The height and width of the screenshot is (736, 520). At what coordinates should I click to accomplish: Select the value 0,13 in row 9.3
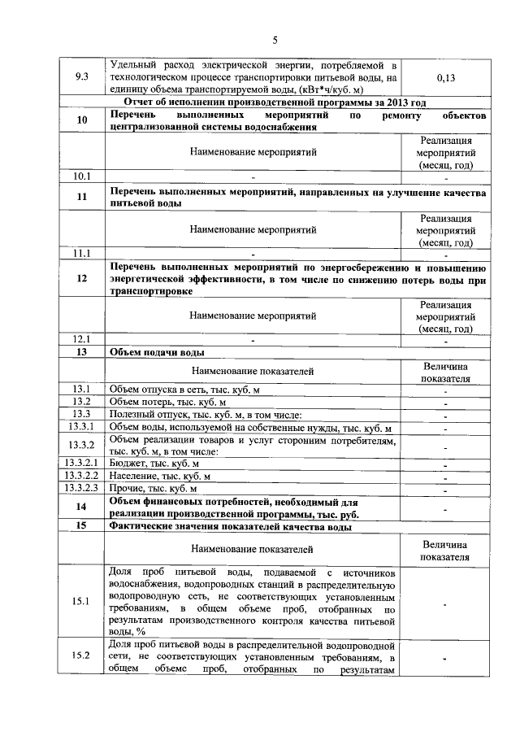[x=445, y=77]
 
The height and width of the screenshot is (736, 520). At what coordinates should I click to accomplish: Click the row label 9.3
[x=81, y=77]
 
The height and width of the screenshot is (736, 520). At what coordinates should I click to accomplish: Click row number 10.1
[x=81, y=176]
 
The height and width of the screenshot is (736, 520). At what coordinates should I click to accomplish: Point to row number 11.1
[x=81, y=252]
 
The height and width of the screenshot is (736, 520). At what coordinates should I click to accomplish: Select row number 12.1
[x=81, y=339]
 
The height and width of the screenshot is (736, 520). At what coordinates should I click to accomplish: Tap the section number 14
[x=81, y=507]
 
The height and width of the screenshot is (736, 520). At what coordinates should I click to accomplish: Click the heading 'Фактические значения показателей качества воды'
[x=230, y=527]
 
